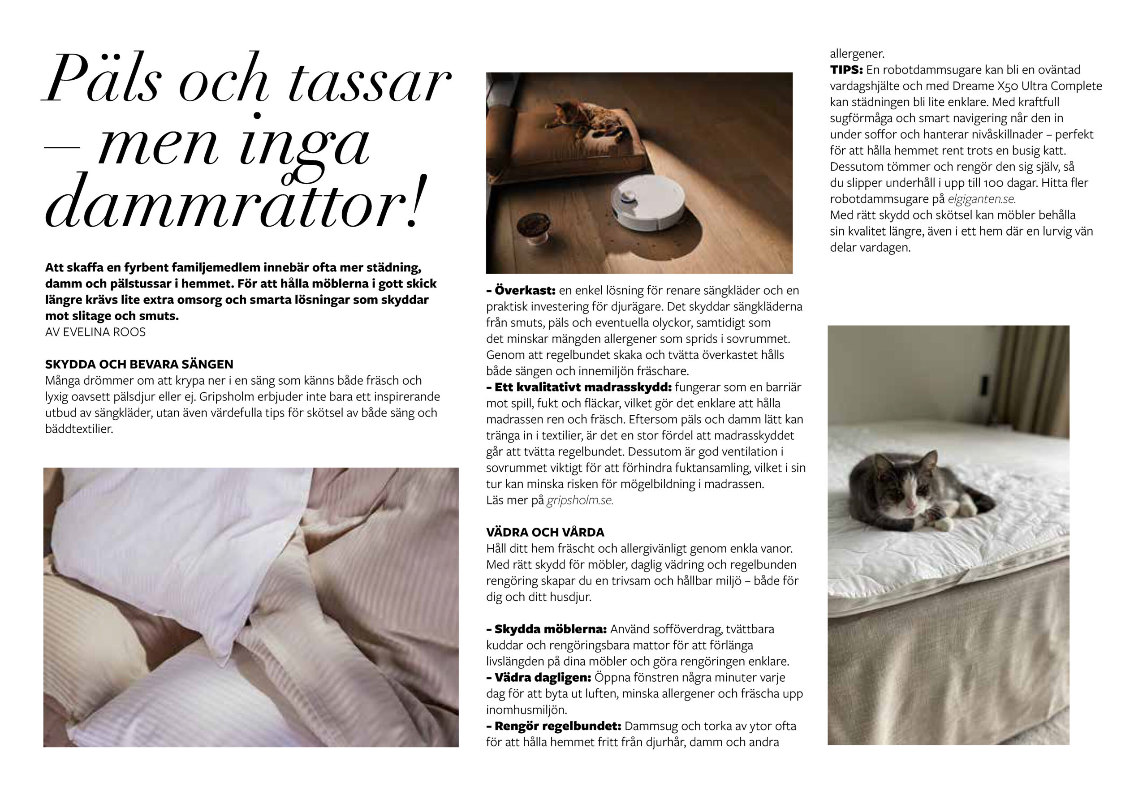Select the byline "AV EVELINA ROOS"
95,332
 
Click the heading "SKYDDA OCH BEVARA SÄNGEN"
139,364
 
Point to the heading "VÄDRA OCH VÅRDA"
545,532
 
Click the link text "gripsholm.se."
579,500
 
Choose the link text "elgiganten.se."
982,199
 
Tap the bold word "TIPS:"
846,70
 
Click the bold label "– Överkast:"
521,291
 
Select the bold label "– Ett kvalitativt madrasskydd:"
579,387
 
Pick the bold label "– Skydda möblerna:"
547,629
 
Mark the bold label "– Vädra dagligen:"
539,677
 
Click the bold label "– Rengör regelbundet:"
553,726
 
